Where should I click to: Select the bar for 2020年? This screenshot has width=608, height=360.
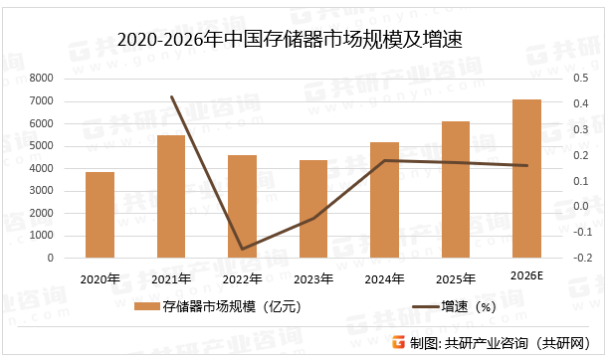pyautogui.click(x=100, y=215)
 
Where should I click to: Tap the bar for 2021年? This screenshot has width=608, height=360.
pyautogui.click(x=171, y=197)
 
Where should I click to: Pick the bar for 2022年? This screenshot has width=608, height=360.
pyautogui.click(x=242, y=207)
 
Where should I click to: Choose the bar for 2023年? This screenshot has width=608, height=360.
pyautogui.click(x=313, y=209)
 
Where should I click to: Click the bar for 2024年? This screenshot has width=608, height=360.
pyautogui.click(x=384, y=200)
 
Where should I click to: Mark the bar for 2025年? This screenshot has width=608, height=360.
pyautogui.click(x=456, y=190)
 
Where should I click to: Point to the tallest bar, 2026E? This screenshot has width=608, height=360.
pyautogui.click(x=526, y=179)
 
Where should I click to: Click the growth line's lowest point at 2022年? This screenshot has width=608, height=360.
pyautogui.click(x=242, y=250)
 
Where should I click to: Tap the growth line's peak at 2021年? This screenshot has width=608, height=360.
pyautogui.click(x=171, y=96)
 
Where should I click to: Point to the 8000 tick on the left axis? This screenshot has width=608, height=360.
pyautogui.click(x=41, y=79)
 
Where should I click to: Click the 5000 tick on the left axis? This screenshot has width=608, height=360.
pyautogui.click(x=41, y=146)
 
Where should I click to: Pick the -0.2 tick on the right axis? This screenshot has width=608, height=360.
pyautogui.click(x=576, y=258)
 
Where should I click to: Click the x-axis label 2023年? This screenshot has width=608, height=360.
pyautogui.click(x=312, y=279)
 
